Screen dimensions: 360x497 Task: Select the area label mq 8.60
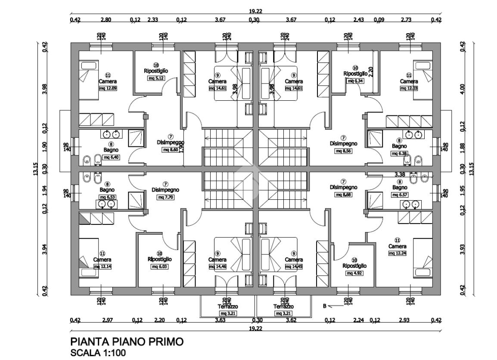tap(171, 150)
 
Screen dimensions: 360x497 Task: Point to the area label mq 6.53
tap(107, 197)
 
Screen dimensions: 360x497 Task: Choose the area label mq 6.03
tap(159, 267)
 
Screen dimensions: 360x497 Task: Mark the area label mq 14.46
tap(217, 267)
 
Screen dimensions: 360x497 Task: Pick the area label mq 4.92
tap(355, 273)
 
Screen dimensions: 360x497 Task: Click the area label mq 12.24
tap(397, 253)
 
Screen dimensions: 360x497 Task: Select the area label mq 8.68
tap(343, 195)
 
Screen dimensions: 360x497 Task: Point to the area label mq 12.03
tap(408, 88)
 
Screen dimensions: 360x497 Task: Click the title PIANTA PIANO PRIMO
tap(126, 342)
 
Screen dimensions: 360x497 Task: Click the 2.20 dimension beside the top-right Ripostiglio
tap(371, 71)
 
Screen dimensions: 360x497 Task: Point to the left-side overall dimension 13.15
tap(35, 169)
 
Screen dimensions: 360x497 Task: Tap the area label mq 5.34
tap(355, 81)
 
